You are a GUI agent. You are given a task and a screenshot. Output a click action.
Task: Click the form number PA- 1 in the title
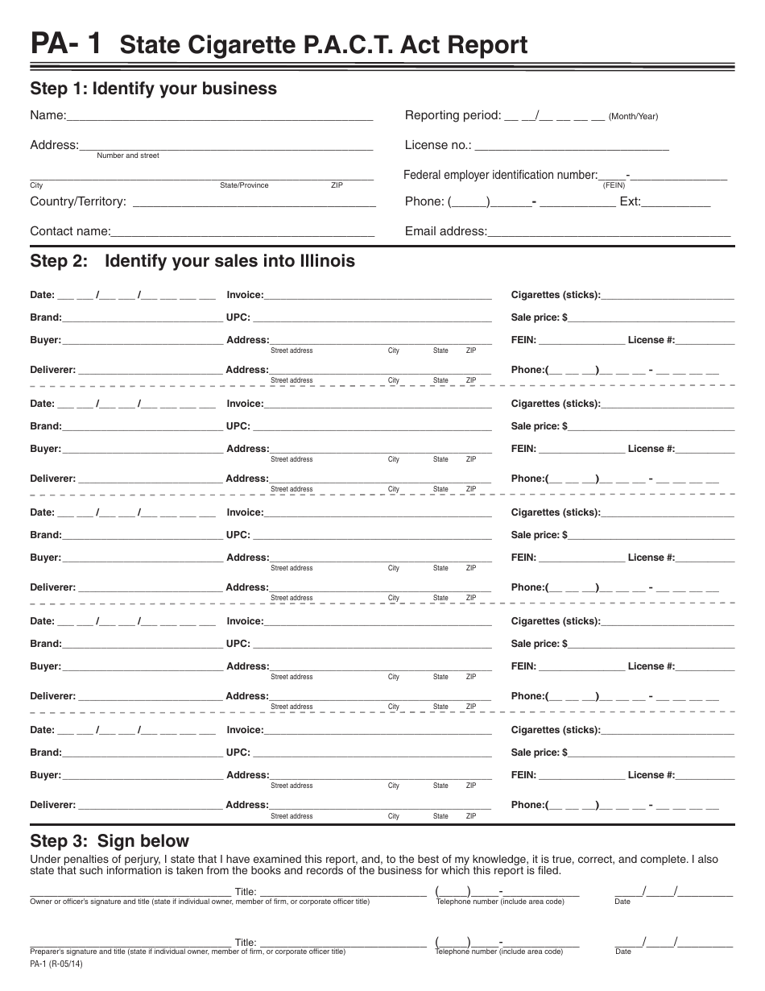[65, 44]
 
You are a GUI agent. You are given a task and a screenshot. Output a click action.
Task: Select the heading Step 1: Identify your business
[153, 89]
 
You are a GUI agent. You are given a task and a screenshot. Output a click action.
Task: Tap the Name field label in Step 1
[48, 115]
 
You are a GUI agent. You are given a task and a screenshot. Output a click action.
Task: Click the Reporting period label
[453, 115]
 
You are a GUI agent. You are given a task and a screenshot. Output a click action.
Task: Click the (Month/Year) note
[633, 117]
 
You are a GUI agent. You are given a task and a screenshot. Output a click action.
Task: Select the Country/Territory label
[78, 201]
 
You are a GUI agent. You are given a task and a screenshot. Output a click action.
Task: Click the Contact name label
[70, 231]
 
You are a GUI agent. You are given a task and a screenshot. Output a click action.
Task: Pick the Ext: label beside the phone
[630, 201]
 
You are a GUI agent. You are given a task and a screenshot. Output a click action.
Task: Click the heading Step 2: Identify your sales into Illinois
[192, 261]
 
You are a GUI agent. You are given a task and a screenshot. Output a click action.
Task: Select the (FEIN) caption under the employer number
[614, 185]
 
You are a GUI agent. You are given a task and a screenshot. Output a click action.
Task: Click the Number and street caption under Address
[128, 155]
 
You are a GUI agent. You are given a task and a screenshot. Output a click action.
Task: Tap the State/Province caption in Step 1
[244, 185]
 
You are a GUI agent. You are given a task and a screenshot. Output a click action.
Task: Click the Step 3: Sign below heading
[110, 842]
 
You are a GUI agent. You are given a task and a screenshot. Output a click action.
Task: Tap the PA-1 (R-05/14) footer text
[56, 964]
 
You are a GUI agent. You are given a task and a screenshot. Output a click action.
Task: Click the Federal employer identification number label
[500, 175]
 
